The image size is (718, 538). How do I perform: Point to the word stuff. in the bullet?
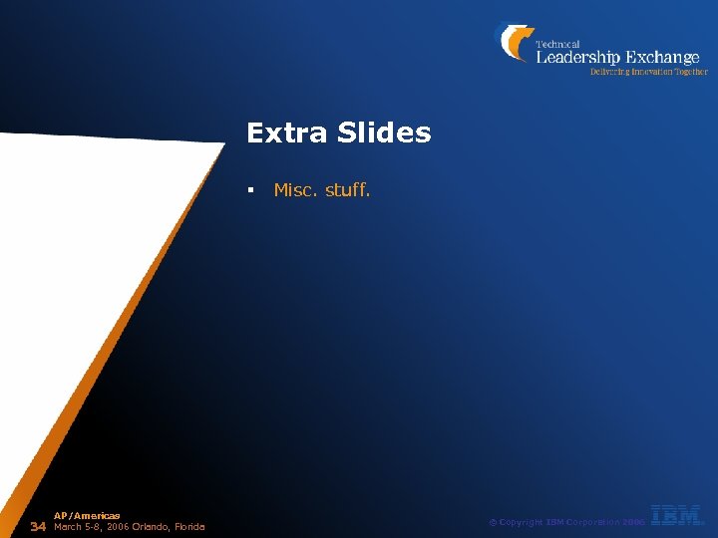point(348,189)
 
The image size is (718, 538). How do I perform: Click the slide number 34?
point(39,526)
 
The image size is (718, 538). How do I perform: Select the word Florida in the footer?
point(187,526)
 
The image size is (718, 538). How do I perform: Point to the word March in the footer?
point(68,526)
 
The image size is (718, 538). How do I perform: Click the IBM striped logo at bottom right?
point(677,515)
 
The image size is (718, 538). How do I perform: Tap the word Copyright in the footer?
point(522,522)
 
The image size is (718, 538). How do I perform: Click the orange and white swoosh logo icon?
point(514,43)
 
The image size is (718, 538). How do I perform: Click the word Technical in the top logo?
point(558,44)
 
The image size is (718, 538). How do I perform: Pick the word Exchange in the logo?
point(662,58)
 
